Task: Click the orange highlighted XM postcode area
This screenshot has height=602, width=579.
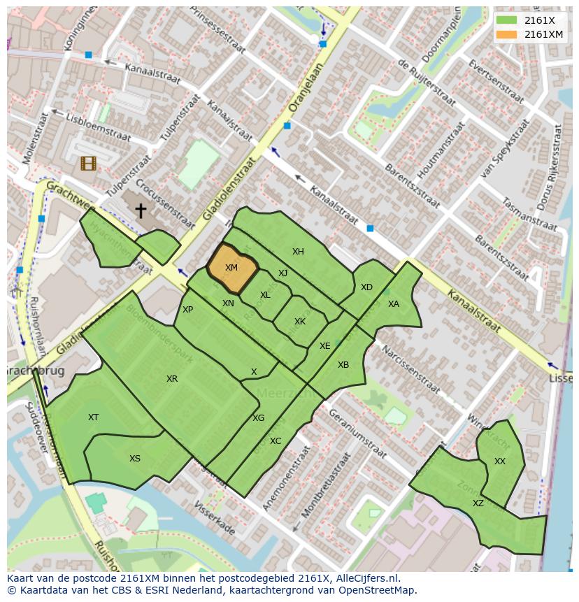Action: (x=232, y=268)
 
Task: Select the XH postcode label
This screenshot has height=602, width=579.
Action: (x=298, y=252)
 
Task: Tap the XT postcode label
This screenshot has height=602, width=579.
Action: (x=93, y=417)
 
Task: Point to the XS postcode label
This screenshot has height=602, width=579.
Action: (x=134, y=459)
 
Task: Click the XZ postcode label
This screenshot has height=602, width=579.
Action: (x=478, y=503)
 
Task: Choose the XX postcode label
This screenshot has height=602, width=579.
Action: (x=499, y=461)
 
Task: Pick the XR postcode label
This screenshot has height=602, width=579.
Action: (x=171, y=379)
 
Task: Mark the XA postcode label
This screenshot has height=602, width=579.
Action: (x=394, y=304)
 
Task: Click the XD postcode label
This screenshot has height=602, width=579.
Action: (x=366, y=287)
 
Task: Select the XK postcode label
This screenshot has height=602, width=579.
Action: (x=300, y=322)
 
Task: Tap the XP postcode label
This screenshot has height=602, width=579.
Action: (x=187, y=310)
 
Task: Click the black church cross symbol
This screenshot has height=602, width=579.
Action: (x=141, y=210)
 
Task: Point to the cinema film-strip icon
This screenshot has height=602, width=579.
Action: (x=88, y=164)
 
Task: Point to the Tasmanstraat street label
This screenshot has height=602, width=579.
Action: (x=529, y=213)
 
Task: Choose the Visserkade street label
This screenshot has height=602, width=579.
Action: (x=214, y=518)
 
